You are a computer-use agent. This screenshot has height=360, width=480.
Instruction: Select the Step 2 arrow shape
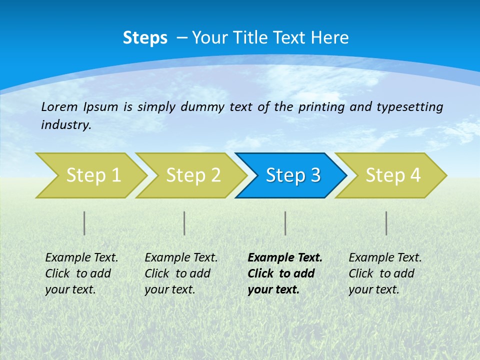(x=193, y=175)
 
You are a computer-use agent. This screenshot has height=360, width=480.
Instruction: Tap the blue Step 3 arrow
(x=293, y=175)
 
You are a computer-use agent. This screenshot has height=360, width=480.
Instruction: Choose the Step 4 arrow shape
(x=393, y=175)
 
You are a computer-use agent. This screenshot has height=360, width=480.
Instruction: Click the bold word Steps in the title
(x=145, y=38)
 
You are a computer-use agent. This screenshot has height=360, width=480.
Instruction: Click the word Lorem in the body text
(x=59, y=106)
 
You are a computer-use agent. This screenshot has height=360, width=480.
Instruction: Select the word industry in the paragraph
(x=65, y=124)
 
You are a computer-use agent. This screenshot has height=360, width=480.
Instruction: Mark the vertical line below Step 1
(x=84, y=223)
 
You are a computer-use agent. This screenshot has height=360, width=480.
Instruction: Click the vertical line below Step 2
(x=184, y=223)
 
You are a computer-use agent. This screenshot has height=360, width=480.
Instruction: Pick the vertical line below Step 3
(x=285, y=223)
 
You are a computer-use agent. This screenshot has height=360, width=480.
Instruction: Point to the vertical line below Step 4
(x=386, y=223)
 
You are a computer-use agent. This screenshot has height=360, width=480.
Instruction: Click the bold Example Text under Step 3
(x=285, y=257)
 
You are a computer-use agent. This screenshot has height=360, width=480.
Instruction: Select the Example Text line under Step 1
(x=81, y=257)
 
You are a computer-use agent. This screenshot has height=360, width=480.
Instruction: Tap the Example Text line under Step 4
(x=385, y=257)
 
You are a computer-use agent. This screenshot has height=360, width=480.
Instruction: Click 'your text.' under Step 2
(x=169, y=289)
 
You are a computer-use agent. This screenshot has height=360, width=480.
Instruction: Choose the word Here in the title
(x=329, y=38)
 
